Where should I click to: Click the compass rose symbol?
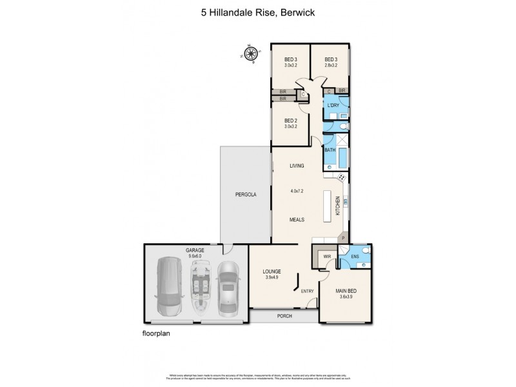pyautogui.click(x=250, y=54)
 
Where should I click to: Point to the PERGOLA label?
pyautogui.click(x=244, y=194)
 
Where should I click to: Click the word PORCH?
pyautogui.click(x=284, y=316)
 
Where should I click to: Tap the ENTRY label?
pyautogui.click(x=307, y=291)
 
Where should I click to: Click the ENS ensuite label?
pyautogui.click(x=355, y=257)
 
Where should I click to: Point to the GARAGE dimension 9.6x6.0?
pyautogui.click(x=195, y=255)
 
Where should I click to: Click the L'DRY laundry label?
pyautogui.click(x=333, y=105)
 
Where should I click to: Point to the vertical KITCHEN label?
pyautogui.click(x=337, y=206)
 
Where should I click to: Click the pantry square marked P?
pyautogui.click(x=343, y=238)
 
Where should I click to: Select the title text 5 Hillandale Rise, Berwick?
pyautogui.click(x=257, y=11)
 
